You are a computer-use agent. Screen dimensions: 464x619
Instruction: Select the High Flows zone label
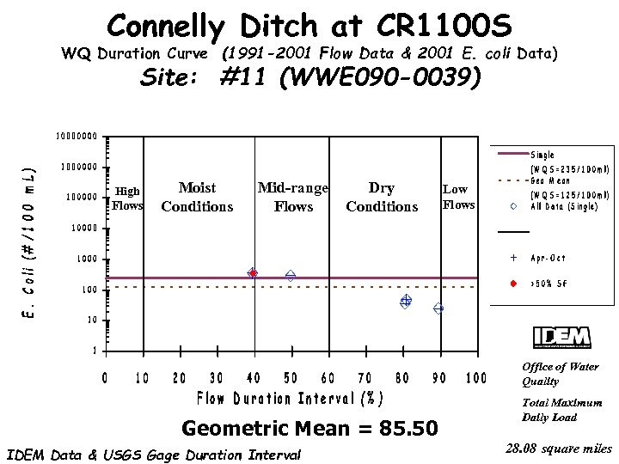coord(127,198)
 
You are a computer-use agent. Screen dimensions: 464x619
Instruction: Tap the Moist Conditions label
coord(197,197)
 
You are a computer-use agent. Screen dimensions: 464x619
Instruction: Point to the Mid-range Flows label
coord(293,197)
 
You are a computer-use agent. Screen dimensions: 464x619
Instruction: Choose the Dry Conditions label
coord(382,197)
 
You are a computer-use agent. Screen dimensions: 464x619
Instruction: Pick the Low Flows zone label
coord(458,197)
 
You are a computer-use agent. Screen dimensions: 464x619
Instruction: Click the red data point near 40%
coord(253,272)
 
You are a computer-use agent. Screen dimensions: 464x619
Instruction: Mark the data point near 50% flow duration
coord(291,275)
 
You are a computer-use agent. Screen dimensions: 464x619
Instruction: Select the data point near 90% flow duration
coord(438,308)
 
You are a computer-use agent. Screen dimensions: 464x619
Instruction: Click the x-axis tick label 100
coord(475,378)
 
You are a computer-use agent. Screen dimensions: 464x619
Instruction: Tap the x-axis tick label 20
coord(180,378)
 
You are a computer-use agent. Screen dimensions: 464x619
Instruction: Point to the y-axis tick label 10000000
coord(77,136)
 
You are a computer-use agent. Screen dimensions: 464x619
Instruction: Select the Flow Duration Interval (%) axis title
coord(290,400)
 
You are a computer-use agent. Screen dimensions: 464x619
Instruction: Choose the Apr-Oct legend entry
coord(549,258)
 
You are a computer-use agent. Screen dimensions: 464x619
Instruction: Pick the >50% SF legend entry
coord(549,284)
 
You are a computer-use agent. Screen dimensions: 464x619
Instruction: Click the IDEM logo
coord(561,337)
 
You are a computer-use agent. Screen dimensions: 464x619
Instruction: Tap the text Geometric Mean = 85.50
coord(310,428)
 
